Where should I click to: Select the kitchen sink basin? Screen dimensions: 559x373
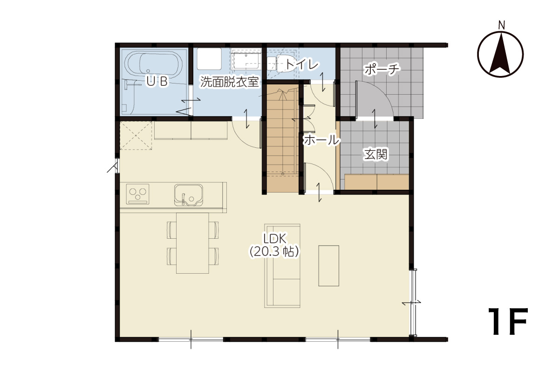188,195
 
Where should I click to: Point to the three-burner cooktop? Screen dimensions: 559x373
137,194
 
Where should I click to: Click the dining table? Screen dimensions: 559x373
192,243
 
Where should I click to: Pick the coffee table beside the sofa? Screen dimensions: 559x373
328,266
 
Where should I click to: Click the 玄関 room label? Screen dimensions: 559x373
375,154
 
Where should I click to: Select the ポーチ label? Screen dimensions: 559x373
382,69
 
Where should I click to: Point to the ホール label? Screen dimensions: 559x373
322,140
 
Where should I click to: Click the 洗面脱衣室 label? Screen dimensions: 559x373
229,82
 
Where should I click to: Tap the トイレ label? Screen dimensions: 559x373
302,64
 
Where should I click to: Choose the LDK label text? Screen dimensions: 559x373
274,239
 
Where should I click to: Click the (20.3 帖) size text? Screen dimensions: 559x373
274,252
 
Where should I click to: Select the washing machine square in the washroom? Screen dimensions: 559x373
209,59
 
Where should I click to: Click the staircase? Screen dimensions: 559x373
283,138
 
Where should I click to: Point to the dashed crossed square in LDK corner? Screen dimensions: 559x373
136,135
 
